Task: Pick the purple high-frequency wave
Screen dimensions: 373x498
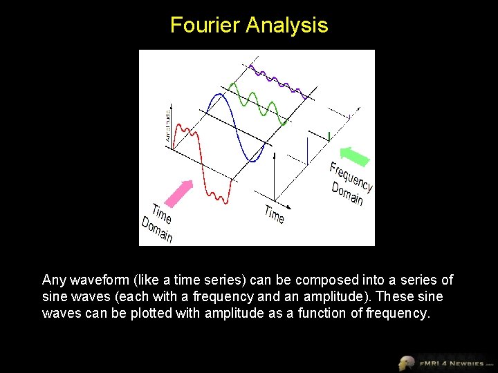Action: pos(277,79)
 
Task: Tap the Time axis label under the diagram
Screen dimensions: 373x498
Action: pos(274,214)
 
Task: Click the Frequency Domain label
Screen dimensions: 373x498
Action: pos(350,184)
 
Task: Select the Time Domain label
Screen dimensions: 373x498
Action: pos(158,222)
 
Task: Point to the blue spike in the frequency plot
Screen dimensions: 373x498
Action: pos(306,151)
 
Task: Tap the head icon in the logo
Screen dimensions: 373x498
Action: pos(407,363)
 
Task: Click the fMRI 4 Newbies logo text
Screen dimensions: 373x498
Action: pos(450,363)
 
